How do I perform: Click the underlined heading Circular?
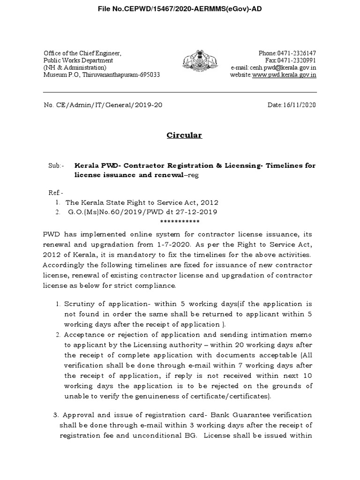pyautogui.click(x=184, y=135)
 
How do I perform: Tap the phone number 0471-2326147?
pyautogui.click(x=296, y=53)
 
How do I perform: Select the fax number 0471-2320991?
pyautogui.click(x=296, y=60)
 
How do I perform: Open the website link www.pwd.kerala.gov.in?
pyautogui.click(x=284, y=75)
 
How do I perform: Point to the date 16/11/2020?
pyautogui.click(x=299, y=105)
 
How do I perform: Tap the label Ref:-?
pyautogui.click(x=55, y=193)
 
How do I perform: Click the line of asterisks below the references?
pyautogui.click(x=180, y=221)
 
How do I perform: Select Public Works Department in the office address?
pyautogui.click(x=78, y=60)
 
